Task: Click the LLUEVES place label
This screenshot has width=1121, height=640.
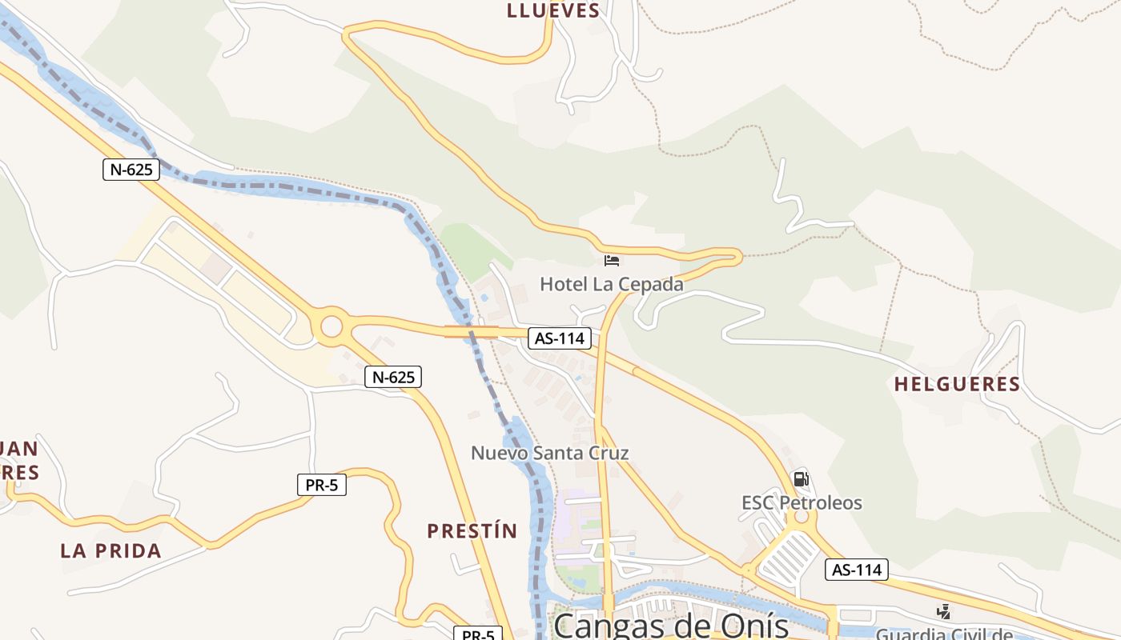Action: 552,10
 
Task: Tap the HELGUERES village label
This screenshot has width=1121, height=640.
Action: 957,384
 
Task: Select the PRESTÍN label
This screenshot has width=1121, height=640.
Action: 472,530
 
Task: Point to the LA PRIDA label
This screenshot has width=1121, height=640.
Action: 110,550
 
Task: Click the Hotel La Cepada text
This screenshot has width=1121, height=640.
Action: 612,284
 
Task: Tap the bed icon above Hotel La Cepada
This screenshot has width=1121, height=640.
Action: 612,261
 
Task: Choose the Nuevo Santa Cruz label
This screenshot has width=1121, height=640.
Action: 549,453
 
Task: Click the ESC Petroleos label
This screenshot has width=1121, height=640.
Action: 802,502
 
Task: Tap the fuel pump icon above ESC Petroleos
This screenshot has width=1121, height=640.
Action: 801,479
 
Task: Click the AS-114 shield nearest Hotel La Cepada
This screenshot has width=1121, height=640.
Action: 560,338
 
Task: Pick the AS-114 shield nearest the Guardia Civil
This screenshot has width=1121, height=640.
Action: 857,570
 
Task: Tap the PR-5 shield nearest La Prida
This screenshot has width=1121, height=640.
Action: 321,485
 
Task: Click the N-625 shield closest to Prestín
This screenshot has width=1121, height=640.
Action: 392,377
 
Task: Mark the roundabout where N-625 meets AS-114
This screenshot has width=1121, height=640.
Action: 330,326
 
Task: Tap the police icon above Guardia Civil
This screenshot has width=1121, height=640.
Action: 944,612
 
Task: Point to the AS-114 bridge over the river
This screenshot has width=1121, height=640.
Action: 472,331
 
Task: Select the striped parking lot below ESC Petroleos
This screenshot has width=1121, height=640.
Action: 787,558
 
